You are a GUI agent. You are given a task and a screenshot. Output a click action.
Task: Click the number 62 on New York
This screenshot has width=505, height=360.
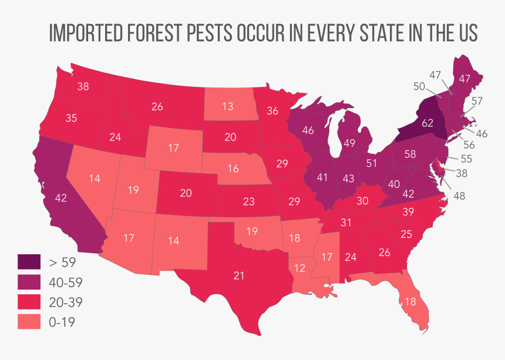pos(427,123)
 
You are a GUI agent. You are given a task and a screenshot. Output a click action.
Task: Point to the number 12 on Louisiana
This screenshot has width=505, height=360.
pos(299,268)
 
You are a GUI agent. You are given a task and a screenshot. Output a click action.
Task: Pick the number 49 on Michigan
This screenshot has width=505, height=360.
pos(350,143)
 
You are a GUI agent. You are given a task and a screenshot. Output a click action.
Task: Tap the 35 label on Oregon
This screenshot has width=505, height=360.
pos(71,118)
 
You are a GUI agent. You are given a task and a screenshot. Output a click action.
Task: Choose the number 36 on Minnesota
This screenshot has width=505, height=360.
pos(272,110)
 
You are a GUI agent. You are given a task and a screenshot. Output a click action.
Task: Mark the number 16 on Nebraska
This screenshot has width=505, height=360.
pos(233,169)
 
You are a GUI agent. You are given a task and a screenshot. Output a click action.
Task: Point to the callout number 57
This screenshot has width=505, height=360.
pos(476,101)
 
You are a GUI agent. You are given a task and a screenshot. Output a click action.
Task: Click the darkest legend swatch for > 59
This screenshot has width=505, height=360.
pos(29,263)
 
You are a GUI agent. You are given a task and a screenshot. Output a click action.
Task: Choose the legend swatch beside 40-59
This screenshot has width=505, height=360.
pos(29,282)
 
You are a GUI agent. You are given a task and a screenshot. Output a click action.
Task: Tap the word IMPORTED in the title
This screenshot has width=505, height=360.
pos(85,33)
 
